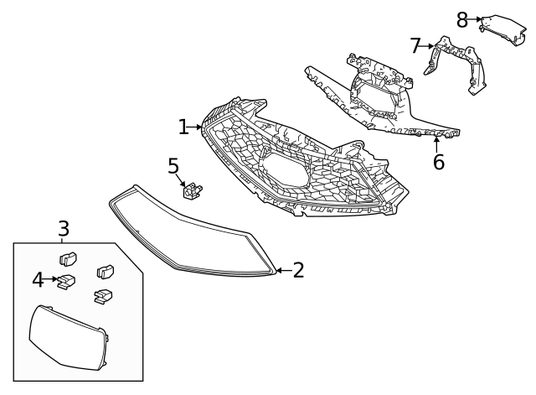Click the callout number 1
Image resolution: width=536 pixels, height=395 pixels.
[183, 127]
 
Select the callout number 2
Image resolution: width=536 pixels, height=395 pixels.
[298, 270]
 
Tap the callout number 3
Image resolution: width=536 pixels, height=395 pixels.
[64, 227]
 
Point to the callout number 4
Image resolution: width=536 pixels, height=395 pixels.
[38, 279]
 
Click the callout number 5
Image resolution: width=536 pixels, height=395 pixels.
[173, 166]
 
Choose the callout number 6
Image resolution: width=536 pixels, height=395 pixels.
[438, 162]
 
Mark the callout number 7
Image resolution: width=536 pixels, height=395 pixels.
[415, 45]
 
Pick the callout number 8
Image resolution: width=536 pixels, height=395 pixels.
[462, 18]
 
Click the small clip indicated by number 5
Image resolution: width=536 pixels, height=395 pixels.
[195, 192]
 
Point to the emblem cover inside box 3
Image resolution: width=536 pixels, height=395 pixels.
[67, 337]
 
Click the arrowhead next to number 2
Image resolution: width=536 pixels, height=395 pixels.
[280, 270]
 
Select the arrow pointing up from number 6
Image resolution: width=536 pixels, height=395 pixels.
[437, 145]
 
